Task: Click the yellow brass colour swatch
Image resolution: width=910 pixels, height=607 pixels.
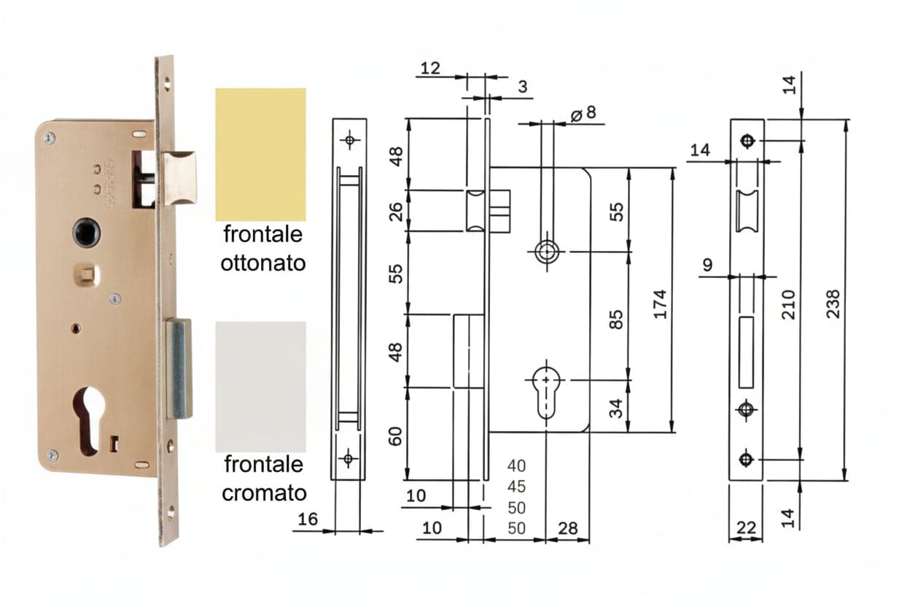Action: (260, 155)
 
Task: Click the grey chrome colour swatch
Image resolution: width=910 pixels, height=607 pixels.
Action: (260, 387)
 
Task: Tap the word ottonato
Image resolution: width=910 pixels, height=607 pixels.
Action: (262, 263)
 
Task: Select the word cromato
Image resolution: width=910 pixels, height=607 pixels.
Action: (264, 493)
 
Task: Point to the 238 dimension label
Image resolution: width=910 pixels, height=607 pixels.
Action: (833, 303)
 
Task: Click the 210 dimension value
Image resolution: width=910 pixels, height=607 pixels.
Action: (788, 304)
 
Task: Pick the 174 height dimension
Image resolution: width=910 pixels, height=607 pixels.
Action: (660, 304)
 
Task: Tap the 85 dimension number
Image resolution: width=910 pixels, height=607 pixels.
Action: (616, 319)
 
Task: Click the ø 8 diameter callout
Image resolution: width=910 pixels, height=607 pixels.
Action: (583, 113)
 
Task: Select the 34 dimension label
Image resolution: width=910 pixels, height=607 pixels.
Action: (616, 409)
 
